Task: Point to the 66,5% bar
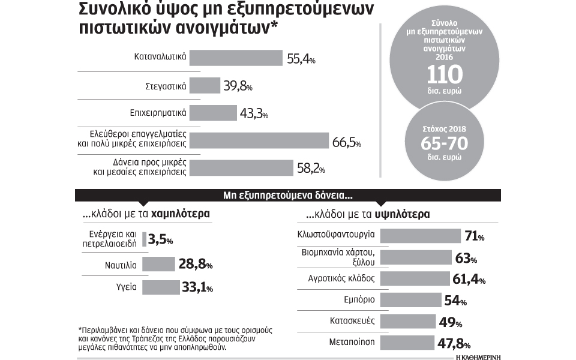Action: tap(261, 140)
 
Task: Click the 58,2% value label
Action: tap(311, 168)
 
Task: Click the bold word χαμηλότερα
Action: tap(181, 214)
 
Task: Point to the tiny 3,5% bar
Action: tap(144, 239)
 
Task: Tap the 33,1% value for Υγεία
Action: tap(197, 288)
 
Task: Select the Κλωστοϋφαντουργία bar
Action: tap(420, 235)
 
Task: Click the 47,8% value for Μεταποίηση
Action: tap(453, 344)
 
